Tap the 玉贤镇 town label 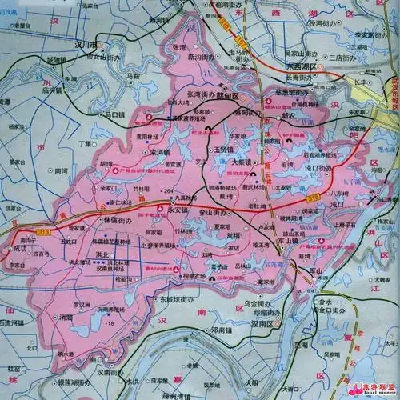(222, 150)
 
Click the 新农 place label (289, 116)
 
